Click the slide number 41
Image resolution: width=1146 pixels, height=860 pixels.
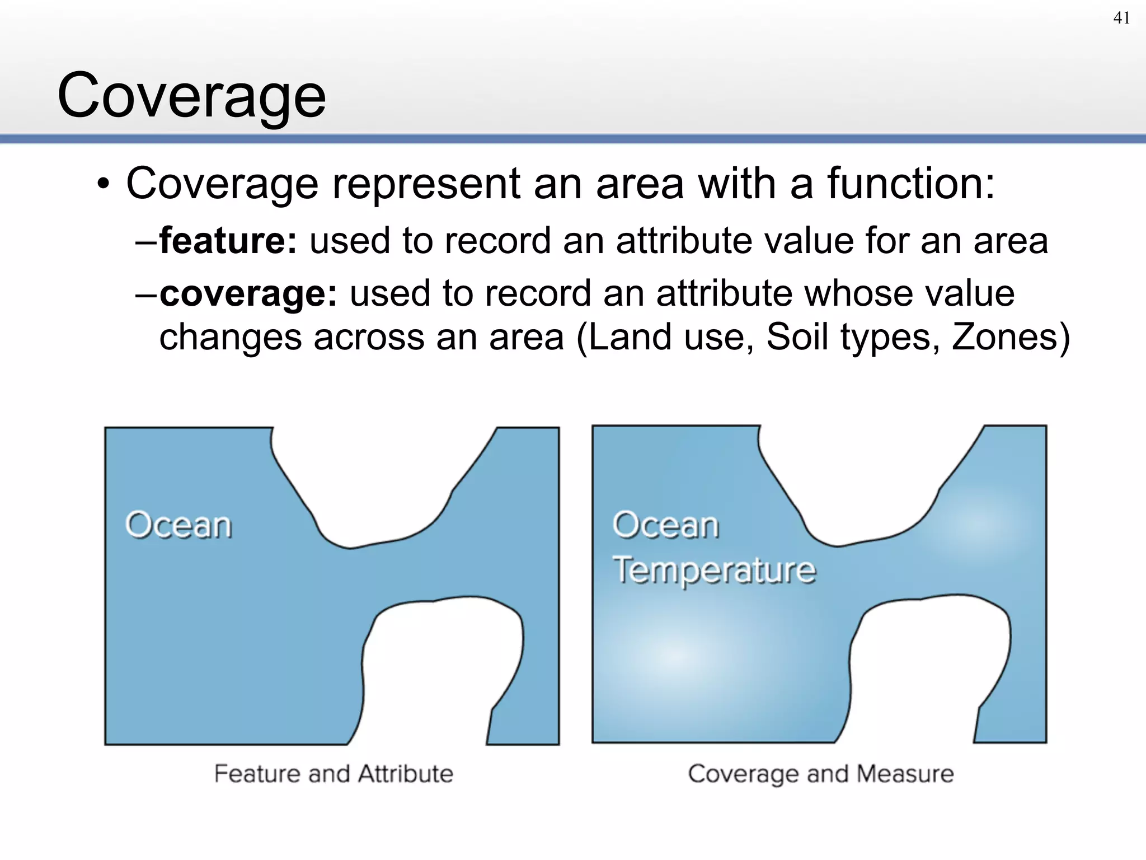tap(1121, 18)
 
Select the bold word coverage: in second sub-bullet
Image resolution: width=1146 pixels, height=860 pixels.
tap(248, 293)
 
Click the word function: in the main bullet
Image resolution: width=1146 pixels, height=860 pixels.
tap(911, 183)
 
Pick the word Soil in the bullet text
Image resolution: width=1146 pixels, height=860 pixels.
tap(797, 337)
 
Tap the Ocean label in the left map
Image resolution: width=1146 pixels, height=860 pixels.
tap(178, 525)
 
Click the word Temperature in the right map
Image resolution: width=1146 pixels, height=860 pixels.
tap(714, 570)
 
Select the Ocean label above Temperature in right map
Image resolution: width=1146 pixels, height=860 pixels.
tap(665, 525)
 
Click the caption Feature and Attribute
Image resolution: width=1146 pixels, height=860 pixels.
tap(334, 774)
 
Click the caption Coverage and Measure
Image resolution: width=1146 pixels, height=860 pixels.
tap(820, 774)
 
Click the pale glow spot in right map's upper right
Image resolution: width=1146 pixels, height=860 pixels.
tap(978, 524)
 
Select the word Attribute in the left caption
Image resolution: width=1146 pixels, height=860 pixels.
tap(405, 774)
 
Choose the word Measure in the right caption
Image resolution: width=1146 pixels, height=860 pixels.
tap(905, 774)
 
